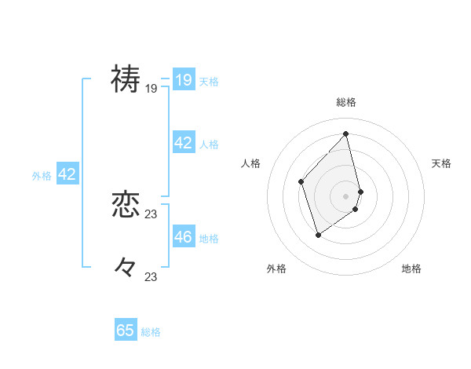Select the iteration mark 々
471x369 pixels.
click(126, 267)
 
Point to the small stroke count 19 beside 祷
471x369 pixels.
click(152, 89)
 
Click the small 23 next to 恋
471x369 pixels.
click(152, 214)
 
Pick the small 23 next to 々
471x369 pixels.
click(152, 276)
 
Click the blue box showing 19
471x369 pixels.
click(183, 79)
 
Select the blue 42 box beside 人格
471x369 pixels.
click(183, 142)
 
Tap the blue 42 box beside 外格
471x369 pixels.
click(67, 174)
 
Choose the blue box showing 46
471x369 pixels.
click(183, 236)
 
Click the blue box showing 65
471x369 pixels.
click(126, 331)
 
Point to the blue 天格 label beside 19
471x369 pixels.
click(209, 81)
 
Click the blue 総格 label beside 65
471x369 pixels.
click(151, 332)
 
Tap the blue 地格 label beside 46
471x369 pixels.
click(209, 238)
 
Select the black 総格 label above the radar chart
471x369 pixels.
click(346, 102)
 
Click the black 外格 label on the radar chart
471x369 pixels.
click(276, 269)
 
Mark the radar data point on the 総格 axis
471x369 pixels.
click(346, 133)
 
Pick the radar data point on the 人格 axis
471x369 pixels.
click(301, 181)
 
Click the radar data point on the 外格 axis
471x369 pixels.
click(318, 234)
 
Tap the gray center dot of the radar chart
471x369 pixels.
click(346, 195)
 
